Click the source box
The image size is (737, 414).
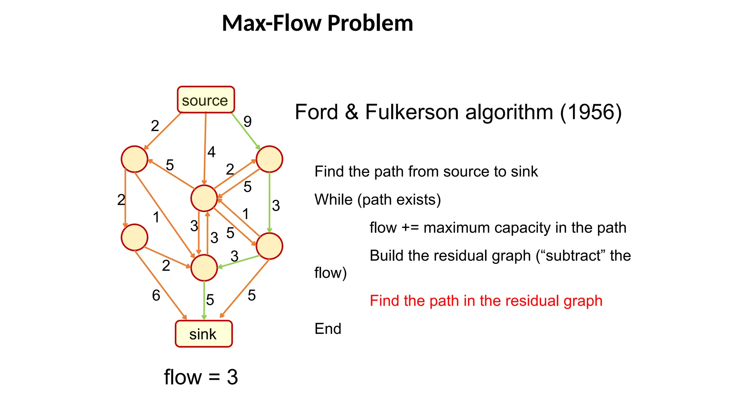(205, 100)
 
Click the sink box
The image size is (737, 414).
(204, 334)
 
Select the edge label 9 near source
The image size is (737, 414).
(248, 121)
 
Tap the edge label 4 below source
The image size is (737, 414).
(211, 152)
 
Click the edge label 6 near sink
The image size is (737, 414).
(156, 295)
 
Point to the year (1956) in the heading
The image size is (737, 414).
(591, 112)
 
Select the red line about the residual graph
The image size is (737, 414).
(486, 301)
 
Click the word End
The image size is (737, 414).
(327, 329)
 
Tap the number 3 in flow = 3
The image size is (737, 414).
(232, 377)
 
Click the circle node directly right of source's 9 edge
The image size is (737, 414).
(269, 159)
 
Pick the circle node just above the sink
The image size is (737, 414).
(204, 268)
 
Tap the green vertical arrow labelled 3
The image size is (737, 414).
(270, 203)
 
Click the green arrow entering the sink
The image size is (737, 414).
(204, 300)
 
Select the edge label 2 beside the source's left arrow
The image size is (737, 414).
(155, 126)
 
